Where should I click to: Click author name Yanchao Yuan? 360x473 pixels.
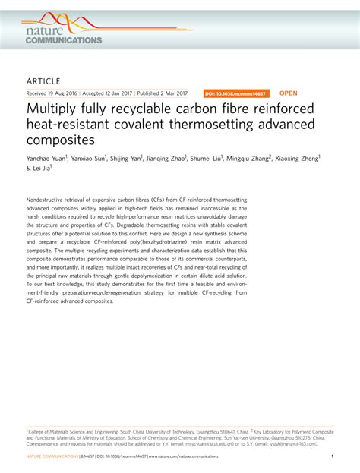pyautogui.click(x=46, y=159)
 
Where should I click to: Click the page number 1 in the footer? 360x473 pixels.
pyautogui.click(x=333, y=456)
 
